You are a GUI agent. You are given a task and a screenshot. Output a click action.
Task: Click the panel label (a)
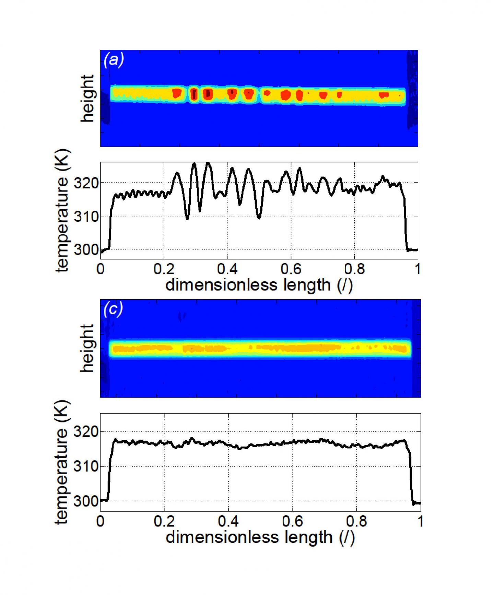(x=114, y=60)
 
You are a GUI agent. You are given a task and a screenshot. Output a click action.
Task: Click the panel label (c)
(x=113, y=310)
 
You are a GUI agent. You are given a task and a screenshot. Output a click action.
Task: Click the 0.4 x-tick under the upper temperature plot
(x=227, y=269)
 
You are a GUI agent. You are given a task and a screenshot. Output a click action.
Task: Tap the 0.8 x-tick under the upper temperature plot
(x=354, y=269)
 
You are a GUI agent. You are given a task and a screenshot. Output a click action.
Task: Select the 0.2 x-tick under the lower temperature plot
(x=164, y=521)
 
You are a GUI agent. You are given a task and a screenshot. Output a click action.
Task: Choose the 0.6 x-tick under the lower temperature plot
(x=292, y=521)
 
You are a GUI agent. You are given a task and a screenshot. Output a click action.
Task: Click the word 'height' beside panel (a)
(x=87, y=98)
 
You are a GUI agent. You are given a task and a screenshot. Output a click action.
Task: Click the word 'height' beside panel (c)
(x=87, y=348)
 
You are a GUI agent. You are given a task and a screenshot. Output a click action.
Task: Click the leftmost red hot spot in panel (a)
(x=177, y=93)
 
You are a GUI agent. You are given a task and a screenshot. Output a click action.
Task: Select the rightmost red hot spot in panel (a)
(x=383, y=94)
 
